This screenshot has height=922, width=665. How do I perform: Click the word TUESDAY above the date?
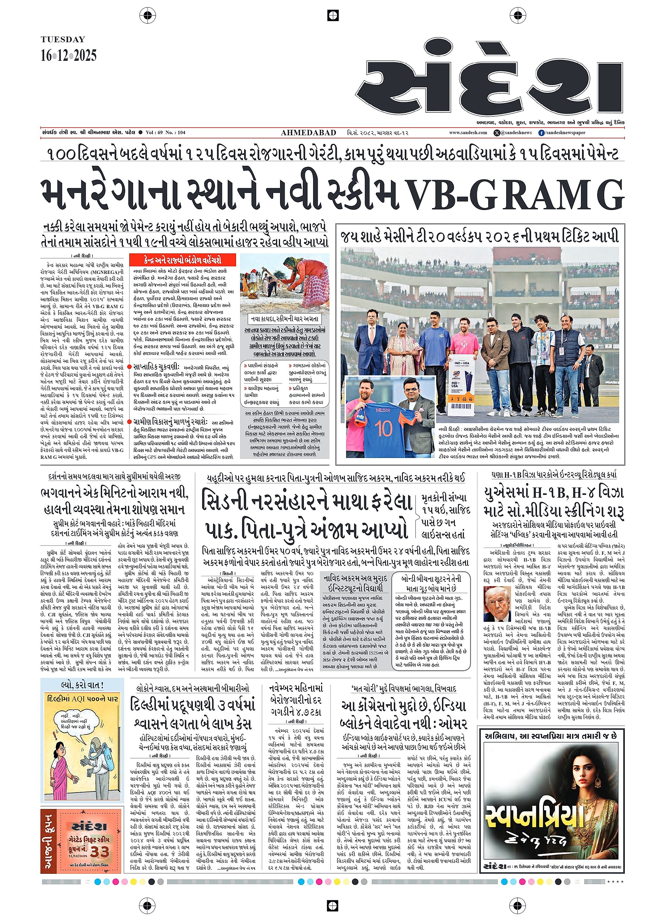coord(63,39)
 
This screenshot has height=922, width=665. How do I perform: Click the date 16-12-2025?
coord(69,55)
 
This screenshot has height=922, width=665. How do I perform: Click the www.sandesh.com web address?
coord(468,132)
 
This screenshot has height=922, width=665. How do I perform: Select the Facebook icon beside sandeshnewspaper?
coord(541,132)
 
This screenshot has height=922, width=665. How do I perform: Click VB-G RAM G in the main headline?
coord(516,195)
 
